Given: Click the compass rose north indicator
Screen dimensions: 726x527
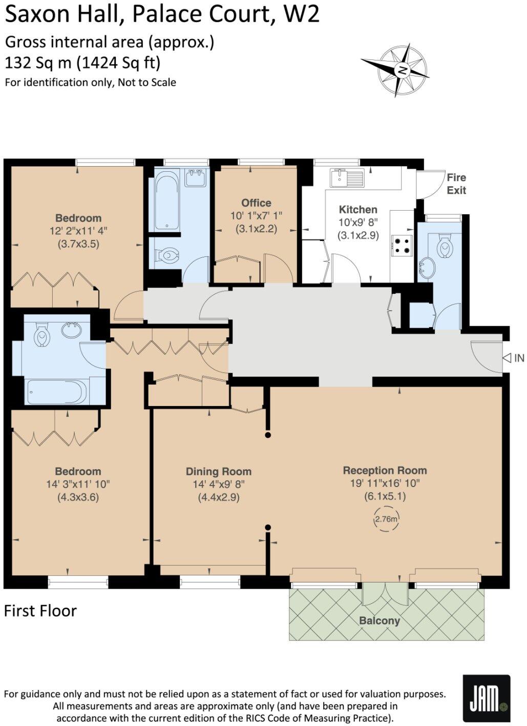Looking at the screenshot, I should point(403,70).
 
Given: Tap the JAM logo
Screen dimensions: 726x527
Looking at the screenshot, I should point(486,698).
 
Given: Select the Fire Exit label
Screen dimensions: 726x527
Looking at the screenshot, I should point(456,184).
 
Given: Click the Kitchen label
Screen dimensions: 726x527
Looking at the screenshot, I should point(358,209).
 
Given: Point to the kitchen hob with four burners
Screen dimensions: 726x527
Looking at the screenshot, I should point(402,245).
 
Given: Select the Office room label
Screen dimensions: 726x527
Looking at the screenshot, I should point(256,203).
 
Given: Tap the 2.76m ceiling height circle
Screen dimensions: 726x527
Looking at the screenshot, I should point(386,519).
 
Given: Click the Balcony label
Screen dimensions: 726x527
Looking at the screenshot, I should point(379,620).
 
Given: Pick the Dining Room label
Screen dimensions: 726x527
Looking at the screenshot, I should point(218,471).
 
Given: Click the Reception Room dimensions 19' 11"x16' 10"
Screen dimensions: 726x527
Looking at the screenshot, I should point(385,483).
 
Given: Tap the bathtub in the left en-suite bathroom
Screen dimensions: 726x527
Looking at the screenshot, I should point(57,392).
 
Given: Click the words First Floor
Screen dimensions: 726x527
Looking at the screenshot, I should point(40,611).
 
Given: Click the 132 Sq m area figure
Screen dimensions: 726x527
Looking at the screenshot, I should point(38,63).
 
